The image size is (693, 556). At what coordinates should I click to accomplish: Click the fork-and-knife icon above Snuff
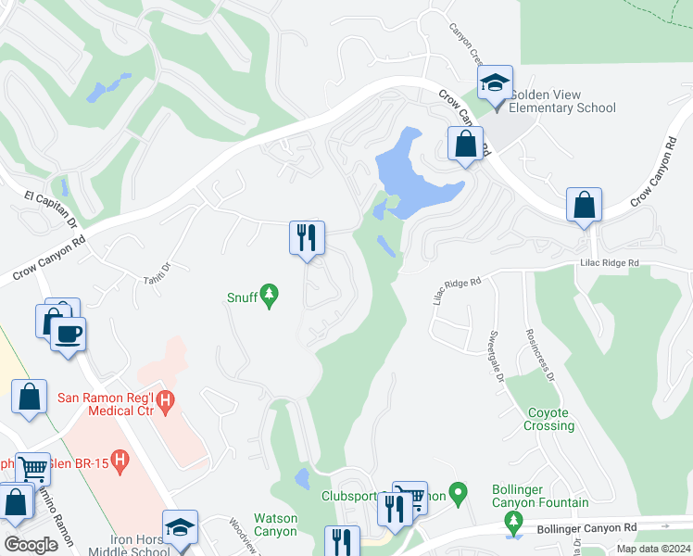307,236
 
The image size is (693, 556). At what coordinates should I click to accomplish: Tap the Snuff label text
243,297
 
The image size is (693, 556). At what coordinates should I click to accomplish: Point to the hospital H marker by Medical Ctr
165,401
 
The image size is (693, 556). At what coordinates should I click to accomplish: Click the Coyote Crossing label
550,420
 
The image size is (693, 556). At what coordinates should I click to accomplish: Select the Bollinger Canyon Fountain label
540,495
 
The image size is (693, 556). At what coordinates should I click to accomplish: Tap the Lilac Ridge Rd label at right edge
610,263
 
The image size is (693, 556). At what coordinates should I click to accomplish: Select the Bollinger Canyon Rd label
587,528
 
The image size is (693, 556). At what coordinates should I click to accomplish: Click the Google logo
31,544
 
